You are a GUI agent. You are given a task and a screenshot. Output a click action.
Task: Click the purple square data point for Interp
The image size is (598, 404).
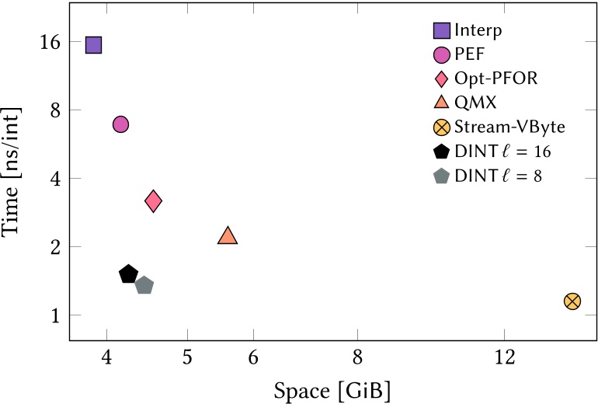click(x=93, y=45)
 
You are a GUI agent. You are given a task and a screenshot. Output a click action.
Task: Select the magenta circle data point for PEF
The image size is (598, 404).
click(x=120, y=124)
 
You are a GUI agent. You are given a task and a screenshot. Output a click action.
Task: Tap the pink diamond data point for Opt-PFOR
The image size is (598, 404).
click(x=153, y=201)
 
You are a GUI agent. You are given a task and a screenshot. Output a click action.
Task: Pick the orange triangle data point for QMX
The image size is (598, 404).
click(x=228, y=235)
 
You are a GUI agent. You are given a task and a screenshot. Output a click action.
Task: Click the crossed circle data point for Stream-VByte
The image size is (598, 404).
click(x=572, y=301)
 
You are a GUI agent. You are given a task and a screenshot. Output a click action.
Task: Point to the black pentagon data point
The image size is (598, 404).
click(x=129, y=274)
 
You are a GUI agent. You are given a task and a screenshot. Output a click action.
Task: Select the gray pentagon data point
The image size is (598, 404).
click(x=144, y=286)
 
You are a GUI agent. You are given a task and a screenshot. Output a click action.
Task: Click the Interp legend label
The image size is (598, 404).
click(x=478, y=31)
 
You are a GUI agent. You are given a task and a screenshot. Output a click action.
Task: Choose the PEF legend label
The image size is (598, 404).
click(x=468, y=55)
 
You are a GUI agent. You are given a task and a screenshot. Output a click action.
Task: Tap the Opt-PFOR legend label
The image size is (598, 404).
click(x=495, y=78)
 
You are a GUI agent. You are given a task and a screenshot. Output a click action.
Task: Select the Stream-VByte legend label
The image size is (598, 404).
click(x=509, y=127)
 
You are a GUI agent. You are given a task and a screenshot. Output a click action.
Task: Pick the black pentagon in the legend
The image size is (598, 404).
click(x=441, y=151)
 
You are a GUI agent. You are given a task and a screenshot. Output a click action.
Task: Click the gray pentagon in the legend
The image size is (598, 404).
click(x=441, y=176)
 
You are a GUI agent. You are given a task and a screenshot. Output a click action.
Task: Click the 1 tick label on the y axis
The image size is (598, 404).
click(x=57, y=315)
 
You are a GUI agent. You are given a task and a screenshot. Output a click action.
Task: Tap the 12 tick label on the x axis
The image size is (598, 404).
click(x=504, y=359)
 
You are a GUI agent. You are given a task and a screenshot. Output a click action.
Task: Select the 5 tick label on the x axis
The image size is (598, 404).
click(x=187, y=359)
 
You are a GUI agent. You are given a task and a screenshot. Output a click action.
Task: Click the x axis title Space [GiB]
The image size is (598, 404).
click(x=332, y=388)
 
